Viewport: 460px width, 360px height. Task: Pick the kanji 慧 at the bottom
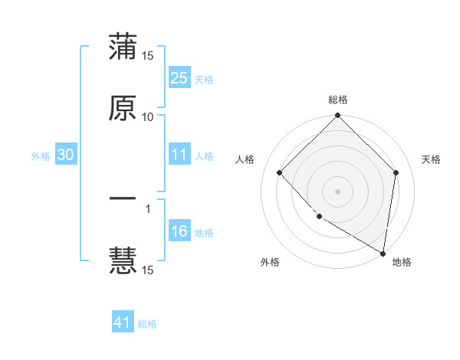point(123,260)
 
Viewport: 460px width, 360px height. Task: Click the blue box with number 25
point(179,77)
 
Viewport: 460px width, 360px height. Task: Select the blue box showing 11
point(179,155)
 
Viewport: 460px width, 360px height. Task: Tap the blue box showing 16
point(179,232)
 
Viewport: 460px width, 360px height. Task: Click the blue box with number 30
point(65,155)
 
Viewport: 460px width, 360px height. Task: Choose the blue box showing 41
point(123,323)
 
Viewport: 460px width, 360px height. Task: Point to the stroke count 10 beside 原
point(148,117)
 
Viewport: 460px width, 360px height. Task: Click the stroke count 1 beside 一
point(148,208)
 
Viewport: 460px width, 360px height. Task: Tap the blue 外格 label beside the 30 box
point(41,156)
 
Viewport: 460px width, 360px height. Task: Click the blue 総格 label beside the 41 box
point(147,324)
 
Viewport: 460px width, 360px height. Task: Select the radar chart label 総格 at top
point(338,100)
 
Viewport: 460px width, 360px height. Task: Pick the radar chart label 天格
point(431,159)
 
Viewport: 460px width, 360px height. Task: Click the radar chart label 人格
point(245,159)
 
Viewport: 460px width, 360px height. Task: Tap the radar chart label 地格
point(402,262)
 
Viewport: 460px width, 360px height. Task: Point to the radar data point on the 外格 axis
point(319,217)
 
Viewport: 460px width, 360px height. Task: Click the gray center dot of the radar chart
point(338,191)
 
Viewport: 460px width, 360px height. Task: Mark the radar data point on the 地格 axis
point(383,252)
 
